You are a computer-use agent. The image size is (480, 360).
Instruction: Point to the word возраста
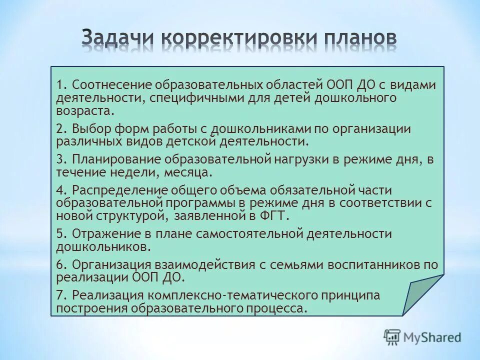81,110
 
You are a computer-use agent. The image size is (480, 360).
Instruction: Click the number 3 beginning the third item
59,160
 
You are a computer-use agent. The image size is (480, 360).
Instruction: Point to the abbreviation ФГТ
273,215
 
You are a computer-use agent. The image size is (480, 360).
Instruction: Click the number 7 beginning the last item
59,295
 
